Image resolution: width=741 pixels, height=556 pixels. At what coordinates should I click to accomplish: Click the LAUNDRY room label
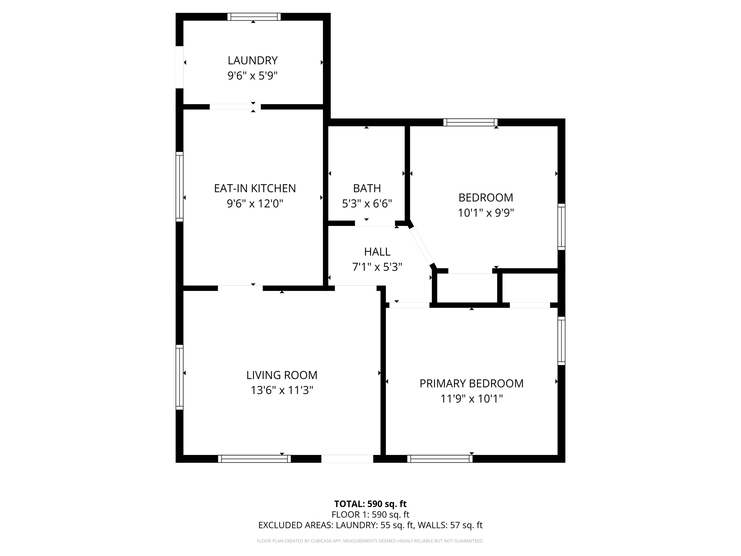[253, 60]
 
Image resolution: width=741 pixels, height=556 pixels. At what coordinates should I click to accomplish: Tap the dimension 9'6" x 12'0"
[255, 204]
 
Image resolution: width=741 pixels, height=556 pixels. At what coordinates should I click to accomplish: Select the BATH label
[367, 188]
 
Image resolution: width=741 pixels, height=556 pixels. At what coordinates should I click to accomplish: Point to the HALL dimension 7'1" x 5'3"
[377, 267]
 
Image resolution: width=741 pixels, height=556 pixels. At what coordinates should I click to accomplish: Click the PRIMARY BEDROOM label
[471, 383]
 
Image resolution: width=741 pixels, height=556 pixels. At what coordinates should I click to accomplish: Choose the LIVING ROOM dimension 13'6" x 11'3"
[282, 390]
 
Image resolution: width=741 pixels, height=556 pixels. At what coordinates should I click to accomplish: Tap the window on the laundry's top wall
[254, 17]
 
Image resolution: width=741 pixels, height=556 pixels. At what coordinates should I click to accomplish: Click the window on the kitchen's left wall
[179, 187]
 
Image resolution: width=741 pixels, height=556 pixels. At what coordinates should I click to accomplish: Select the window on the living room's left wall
[179, 377]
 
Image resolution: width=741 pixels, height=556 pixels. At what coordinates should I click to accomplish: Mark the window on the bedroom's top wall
[470, 122]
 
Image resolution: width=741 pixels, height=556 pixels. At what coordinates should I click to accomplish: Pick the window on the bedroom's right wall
[561, 227]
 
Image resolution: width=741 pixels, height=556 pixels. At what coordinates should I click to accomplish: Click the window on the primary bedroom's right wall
[561, 340]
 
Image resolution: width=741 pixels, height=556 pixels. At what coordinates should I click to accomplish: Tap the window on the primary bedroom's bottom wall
[440, 459]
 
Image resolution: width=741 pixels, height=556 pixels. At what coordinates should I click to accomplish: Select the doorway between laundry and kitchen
[235, 107]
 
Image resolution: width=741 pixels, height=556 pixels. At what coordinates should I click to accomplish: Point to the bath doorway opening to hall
[374, 223]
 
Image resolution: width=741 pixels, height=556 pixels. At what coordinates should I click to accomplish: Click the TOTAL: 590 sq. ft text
[370, 504]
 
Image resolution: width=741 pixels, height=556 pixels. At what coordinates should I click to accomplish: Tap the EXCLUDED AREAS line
[370, 525]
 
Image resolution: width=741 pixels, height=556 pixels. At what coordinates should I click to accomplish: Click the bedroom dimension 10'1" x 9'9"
[486, 213]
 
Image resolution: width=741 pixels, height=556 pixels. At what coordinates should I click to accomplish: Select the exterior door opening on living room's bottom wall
[347, 459]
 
